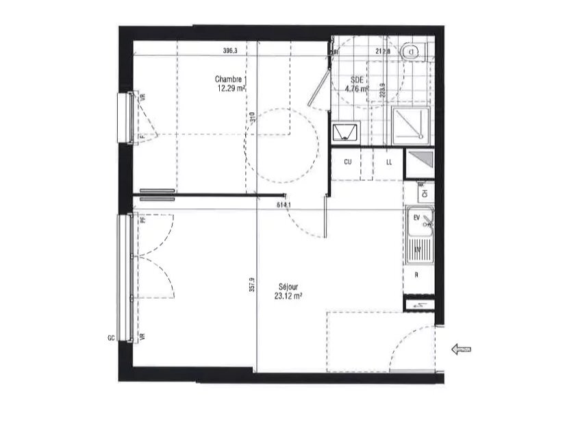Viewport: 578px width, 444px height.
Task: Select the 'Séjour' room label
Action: point(288,287)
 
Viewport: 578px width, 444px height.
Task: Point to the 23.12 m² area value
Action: point(288,296)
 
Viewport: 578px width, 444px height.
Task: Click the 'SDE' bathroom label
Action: point(356,79)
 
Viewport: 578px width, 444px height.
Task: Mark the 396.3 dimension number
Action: point(230,51)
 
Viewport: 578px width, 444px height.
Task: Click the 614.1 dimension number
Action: point(284,205)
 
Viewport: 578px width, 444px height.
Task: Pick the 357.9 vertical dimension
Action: point(252,284)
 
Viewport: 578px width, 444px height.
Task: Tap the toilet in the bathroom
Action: point(413,50)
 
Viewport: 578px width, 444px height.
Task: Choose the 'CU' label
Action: point(347,162)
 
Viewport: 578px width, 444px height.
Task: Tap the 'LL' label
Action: point(389,162)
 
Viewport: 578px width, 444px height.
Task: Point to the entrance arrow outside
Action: point(462,349)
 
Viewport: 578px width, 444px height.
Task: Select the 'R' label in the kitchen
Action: point(416,275)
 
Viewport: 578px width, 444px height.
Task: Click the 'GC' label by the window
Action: point(110,338)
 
